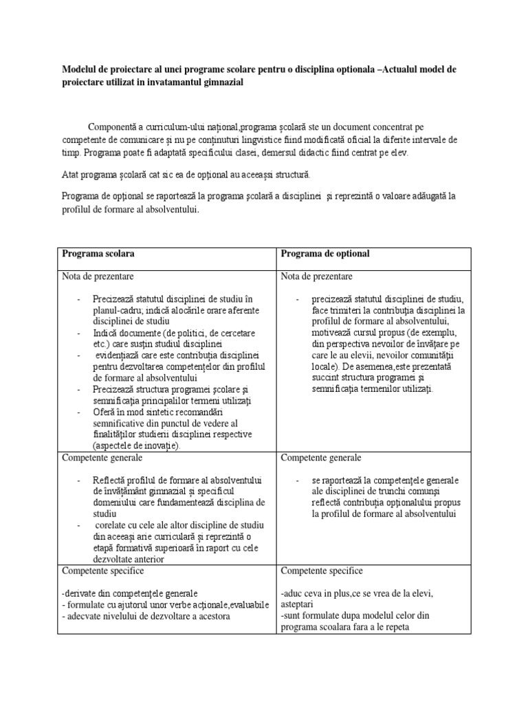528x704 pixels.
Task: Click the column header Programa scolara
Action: pyautogui.click(x=98, y=254)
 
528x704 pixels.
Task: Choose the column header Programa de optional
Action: pyautogui.click(x=325, y=254)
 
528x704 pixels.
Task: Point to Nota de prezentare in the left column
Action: pyautogui.click(x=98, y=276)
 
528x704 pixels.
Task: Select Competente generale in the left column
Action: pyautogui.click(x=102, y=457)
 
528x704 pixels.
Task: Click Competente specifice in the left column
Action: pyautogui.click(x=102, y=571)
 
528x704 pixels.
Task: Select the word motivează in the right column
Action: pyautogui.click(x=333, y=332)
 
